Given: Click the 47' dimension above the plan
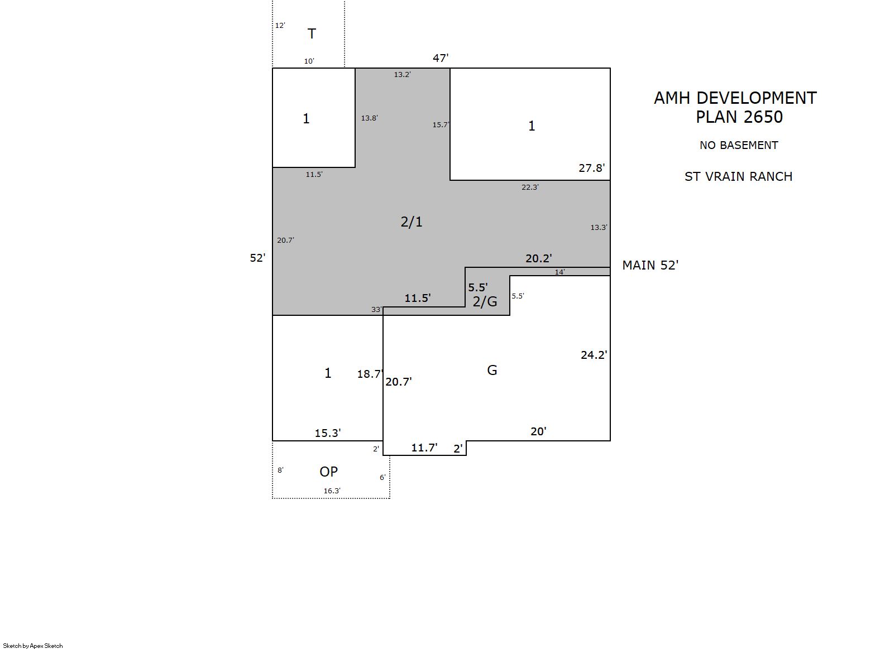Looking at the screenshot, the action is tap(441, 58).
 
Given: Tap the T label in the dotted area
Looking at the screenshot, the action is tap(312, 34).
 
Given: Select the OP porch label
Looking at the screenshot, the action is tap(328, 472).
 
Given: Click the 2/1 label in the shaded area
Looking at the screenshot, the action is tap(412, 222).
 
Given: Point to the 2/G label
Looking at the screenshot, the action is tap(485, 301).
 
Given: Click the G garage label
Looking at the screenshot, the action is tap(492, 370).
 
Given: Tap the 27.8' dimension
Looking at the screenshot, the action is tap(592, 168).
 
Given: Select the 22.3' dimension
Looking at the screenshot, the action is tap(530, 187).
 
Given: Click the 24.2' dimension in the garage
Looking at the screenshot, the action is tap(594, 355).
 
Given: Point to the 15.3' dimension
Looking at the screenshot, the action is tap(328, 433).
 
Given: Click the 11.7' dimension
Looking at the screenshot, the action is tap(424, 448).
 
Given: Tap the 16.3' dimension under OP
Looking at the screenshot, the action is tap(332, 491).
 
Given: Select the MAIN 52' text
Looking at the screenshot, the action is tap(650, 265).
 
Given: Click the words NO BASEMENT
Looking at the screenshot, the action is tap(739, 145).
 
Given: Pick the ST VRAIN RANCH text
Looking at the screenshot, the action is tap(738, 176).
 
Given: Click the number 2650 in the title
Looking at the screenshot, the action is tap(763, 117).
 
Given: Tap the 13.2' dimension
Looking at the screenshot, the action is tap(402, 74).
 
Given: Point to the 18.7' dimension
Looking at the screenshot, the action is tap(370, 374).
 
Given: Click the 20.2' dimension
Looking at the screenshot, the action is tap(538, 258).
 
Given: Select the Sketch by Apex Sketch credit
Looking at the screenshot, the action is tap(33, 646).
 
